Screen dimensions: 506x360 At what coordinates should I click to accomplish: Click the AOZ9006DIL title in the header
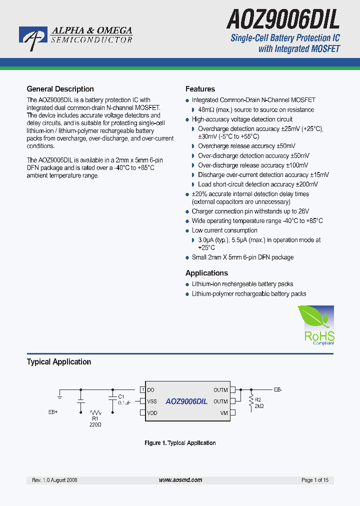click(x=283, y=20)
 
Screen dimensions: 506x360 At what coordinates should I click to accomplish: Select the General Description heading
click(x=60, y=89)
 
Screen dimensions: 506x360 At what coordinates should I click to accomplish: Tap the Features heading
click(x=200, y=89)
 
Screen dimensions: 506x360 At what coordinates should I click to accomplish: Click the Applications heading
click(x=206, y=273)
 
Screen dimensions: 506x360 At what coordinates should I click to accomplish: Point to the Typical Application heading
click(x=59, y=361)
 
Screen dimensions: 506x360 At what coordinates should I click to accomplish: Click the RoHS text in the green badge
click(x=319, y=336)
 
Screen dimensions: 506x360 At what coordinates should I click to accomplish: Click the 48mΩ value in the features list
click(x=205, y=109)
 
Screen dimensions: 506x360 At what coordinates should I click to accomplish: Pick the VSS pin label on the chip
click(x=152, y=401)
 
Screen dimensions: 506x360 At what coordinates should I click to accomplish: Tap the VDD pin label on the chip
click(x=152, y=413)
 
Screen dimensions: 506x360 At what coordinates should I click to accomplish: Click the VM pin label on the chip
click(x=224, y=413)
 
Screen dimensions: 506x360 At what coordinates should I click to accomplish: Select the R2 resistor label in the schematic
click(x=258, y=400)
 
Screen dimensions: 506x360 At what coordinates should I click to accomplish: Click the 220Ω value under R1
click(x=95, y=424)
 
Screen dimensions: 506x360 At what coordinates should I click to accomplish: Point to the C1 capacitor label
click(x=121, y=396)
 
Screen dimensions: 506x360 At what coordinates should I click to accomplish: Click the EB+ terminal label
click(x=53, y=412)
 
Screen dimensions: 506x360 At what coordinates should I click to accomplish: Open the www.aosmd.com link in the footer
click(x=180, y=480)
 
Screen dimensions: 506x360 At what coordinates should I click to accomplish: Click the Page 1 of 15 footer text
click(x=315, y=480)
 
